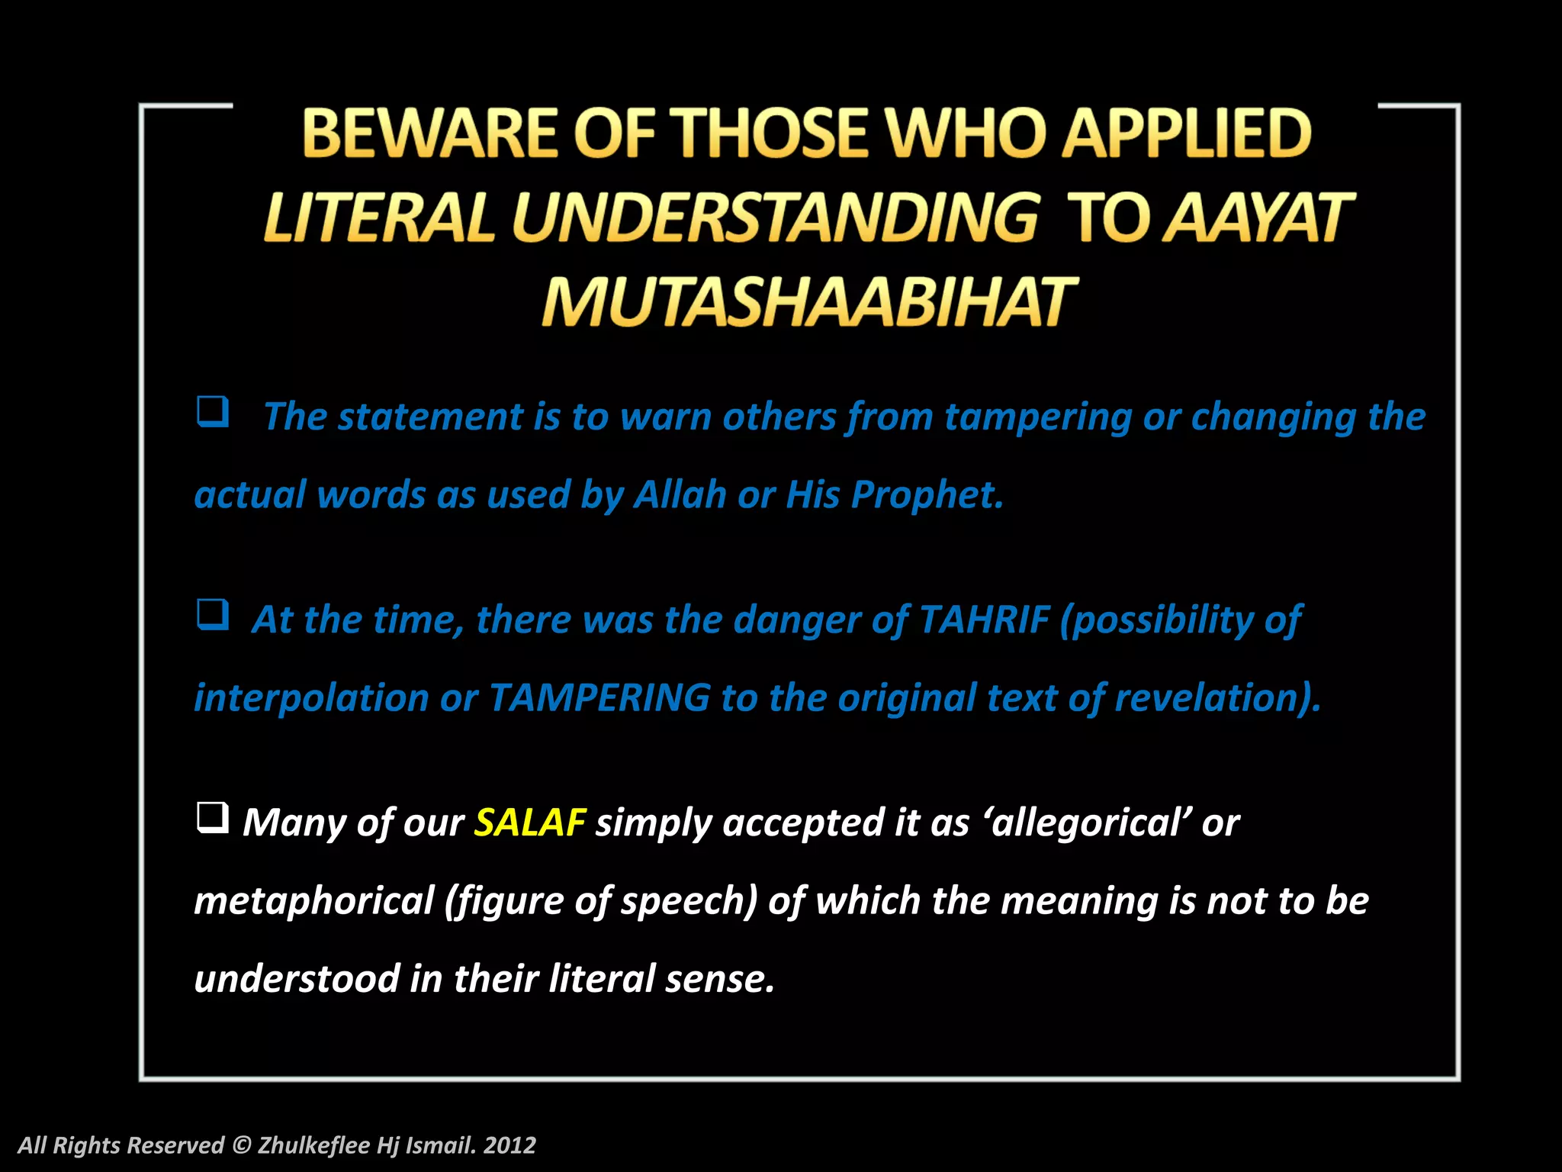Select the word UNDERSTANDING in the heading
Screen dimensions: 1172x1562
click(775, 218)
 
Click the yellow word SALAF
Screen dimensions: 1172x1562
click(529, 823)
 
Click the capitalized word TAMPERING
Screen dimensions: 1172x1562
click(599, 698)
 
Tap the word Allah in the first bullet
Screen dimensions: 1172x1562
click(680, 495)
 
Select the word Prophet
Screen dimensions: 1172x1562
click(926, 495)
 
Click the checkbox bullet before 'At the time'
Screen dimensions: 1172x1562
click(213, 614)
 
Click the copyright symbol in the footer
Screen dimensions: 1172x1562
click(241, 1145)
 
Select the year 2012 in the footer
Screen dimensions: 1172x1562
click(509, 1145)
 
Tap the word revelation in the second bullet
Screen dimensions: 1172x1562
click(1216, 698)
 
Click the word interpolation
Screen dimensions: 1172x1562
click(311, 698)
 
